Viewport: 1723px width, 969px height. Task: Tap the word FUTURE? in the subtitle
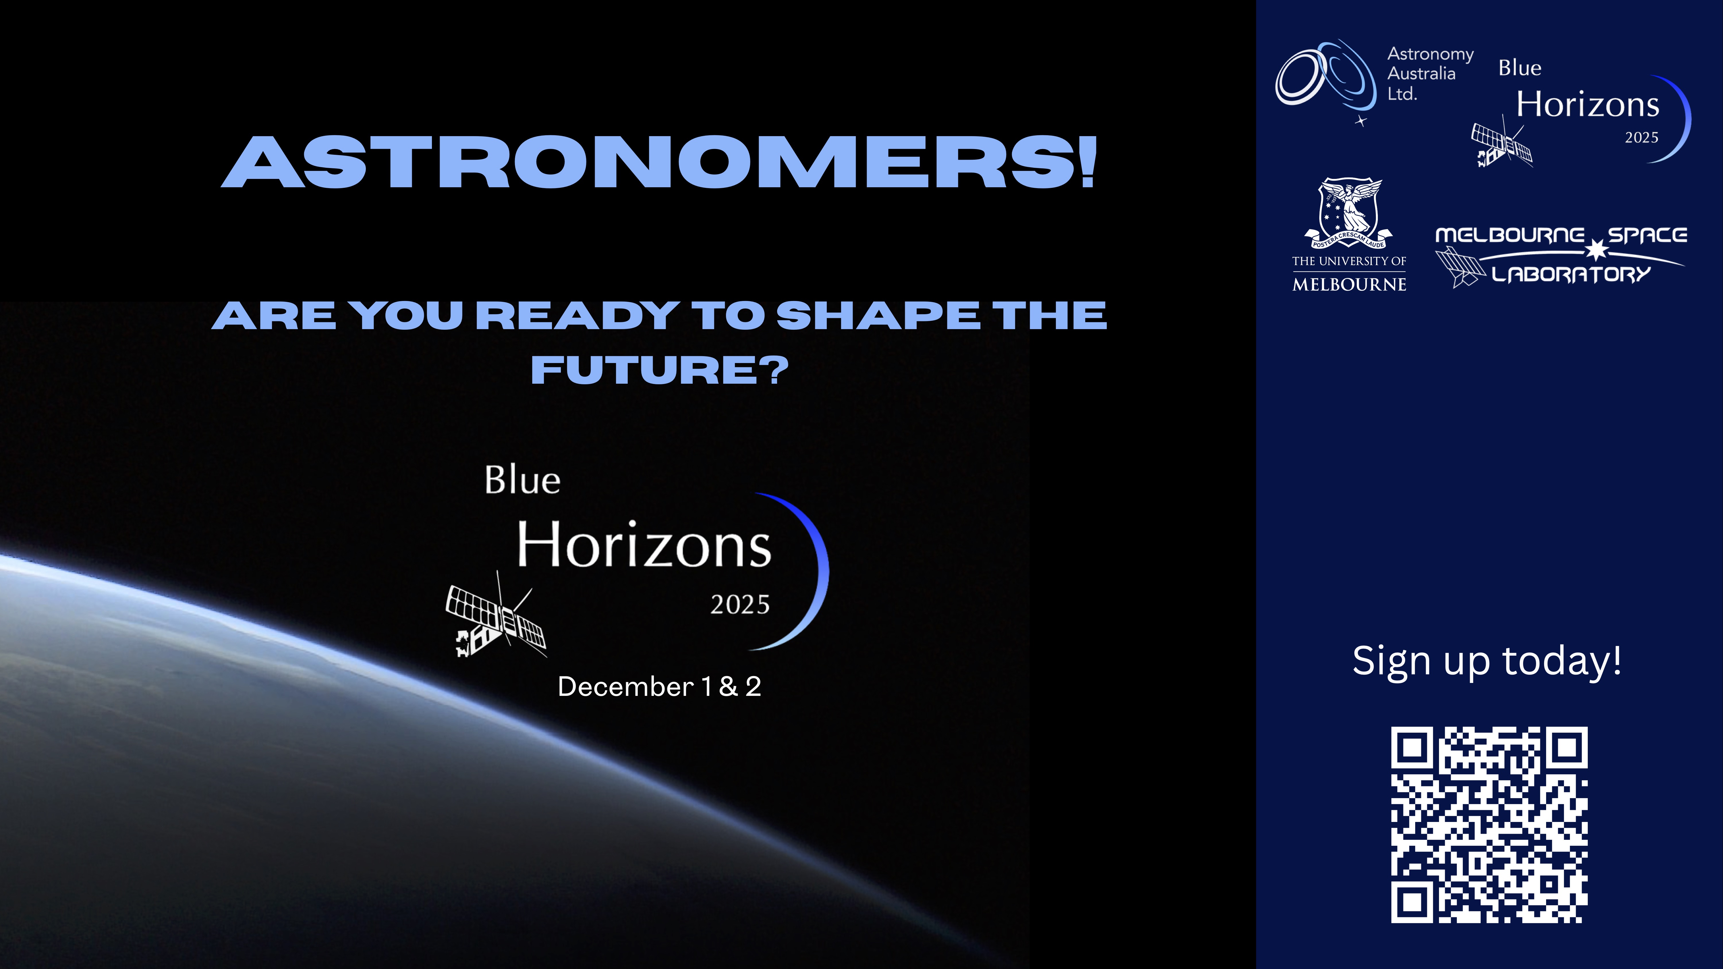pos(660,370)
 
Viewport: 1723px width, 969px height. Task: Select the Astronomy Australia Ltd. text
pos(1430,74)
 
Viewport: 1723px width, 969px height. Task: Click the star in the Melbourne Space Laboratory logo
pos(1597,250)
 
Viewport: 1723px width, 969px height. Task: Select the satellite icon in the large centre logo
pos(496,616)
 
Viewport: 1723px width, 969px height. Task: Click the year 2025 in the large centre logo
pos(740,605)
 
